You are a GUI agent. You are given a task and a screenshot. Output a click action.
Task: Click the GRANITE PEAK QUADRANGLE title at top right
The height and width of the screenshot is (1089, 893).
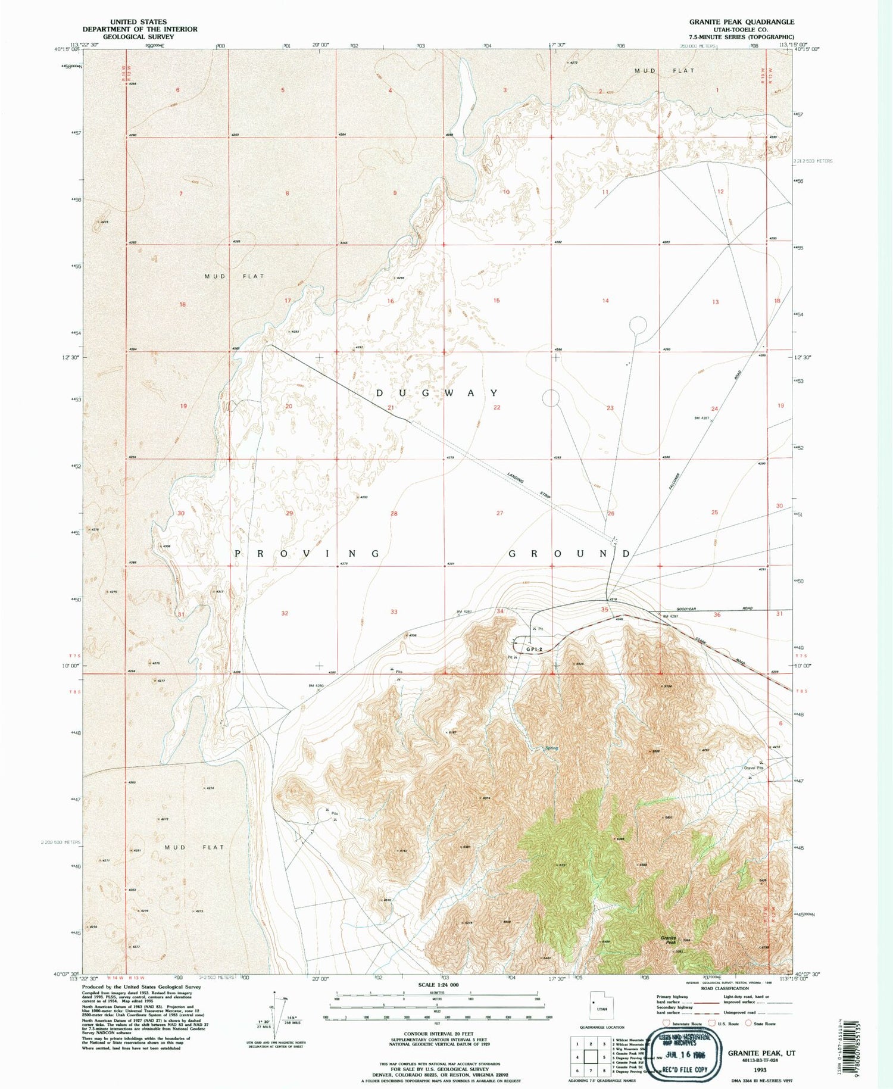coord(741,21)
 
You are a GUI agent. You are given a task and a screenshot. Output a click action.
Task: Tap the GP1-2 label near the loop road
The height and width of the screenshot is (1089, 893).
coord(535,649)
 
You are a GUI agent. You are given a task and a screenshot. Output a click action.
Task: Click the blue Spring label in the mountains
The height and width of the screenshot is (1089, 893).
coord(552,748)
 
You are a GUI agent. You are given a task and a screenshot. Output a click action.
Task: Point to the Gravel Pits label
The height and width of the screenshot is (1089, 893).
coord(753,767)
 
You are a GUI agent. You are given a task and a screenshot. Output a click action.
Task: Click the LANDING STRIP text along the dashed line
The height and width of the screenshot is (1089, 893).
coord(530,485)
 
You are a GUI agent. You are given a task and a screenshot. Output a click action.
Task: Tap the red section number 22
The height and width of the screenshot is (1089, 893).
coord(497,407)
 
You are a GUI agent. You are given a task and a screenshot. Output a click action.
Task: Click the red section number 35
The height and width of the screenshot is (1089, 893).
coord(605,610)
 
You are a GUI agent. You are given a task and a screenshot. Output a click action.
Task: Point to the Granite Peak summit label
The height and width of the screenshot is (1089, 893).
coord(669,940)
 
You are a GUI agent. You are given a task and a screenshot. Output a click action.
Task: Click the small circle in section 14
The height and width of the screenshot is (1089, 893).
coord(638,325)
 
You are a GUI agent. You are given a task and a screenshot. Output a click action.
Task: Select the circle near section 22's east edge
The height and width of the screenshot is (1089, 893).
coord(551,398)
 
